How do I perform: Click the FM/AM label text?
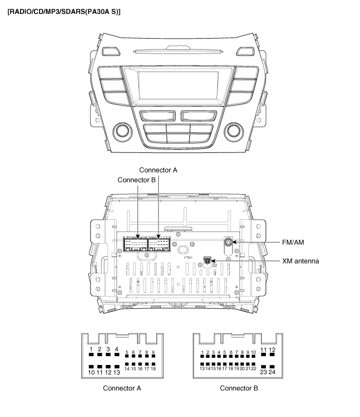pos(297,242)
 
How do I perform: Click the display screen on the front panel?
pos(178,85)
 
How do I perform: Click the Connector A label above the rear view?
pos(159,169)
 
